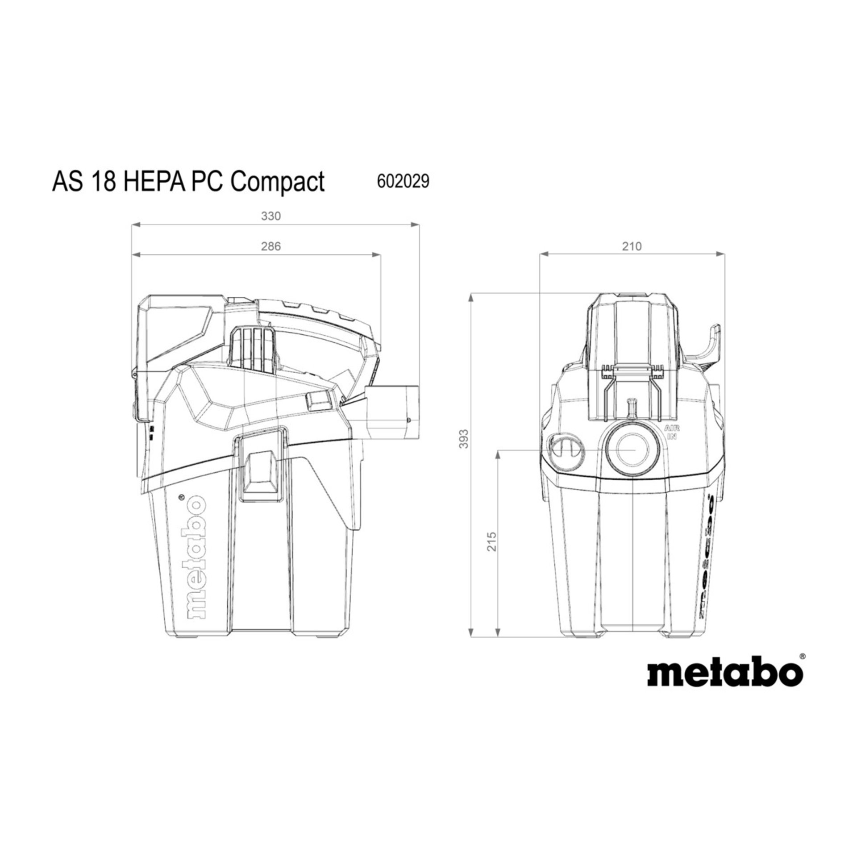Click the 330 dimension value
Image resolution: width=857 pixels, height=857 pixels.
pyautogui.click(x=270, y=216)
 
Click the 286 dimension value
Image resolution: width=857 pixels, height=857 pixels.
pyautogui.click(x=270, y=246)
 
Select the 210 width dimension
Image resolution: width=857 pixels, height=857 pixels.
pyautogui.click(x=632, y=246)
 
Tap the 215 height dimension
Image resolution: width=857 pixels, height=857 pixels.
pyautogui.click(x=492, y=541)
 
